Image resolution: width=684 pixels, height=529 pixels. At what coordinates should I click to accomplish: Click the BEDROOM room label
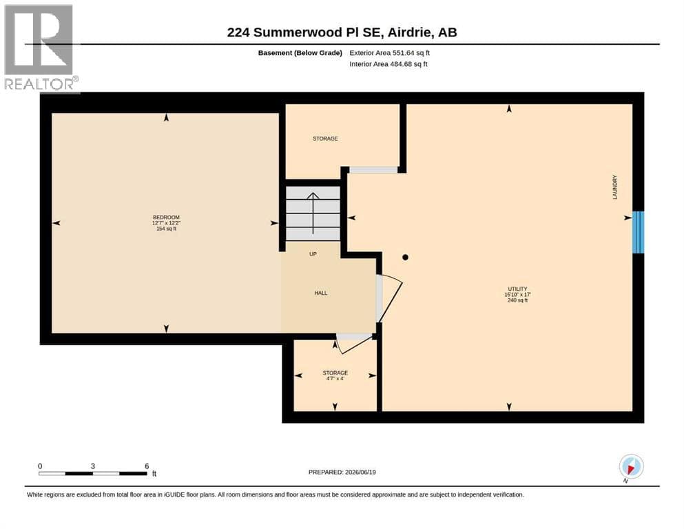coord(166,217)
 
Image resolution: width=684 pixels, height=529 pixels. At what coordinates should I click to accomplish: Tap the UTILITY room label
coord(517,289)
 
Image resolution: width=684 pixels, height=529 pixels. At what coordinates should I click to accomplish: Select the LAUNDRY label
coord(615,187)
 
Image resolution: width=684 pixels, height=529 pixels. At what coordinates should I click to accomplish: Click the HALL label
coord(320,293)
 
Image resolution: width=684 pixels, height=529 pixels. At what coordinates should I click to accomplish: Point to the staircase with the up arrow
coord(313,214)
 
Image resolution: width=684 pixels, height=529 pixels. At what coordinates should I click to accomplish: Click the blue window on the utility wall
coord(639,232)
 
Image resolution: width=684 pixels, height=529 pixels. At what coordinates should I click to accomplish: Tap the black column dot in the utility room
coord(405,258)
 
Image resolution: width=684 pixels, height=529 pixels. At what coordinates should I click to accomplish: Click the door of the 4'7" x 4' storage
coord(354,343)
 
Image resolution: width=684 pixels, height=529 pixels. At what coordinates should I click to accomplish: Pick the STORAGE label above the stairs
coord(325,138)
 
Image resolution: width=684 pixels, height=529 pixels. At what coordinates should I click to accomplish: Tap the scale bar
coord(93,473)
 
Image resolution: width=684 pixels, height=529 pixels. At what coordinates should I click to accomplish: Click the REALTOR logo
coord(40,48)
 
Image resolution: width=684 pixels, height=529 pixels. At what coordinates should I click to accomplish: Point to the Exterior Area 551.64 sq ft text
coord(390,53)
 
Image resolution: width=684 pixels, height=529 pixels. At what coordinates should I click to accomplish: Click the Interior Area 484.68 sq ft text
coord(388,64)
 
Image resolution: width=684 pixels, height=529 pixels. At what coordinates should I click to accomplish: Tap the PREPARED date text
coord(342,472)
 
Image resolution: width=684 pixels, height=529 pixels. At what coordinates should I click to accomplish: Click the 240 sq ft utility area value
coord(517,300)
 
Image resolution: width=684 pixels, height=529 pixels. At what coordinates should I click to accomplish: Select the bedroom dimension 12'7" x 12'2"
coord(166,223)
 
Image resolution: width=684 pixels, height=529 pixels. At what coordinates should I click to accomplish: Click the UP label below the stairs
coord(313,253)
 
